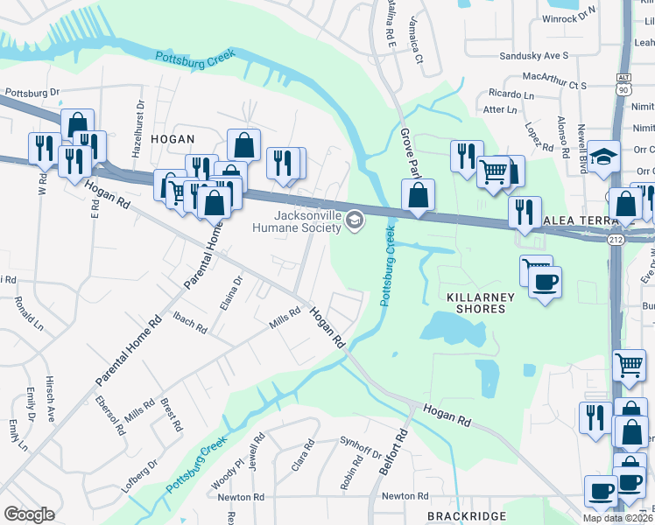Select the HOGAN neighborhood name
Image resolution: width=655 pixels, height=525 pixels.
tap(172, 139)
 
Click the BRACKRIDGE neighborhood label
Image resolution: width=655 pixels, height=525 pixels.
tap(461, 517)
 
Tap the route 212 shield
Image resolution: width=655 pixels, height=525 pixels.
tap(615, 239)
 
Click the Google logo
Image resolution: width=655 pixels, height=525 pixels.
tap(29, 514)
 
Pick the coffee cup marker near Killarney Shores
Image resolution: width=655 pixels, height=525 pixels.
tap(545, 283)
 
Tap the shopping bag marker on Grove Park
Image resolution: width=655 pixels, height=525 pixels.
tap(419, 194)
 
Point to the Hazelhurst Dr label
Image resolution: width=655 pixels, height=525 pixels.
tap(138, 128)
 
